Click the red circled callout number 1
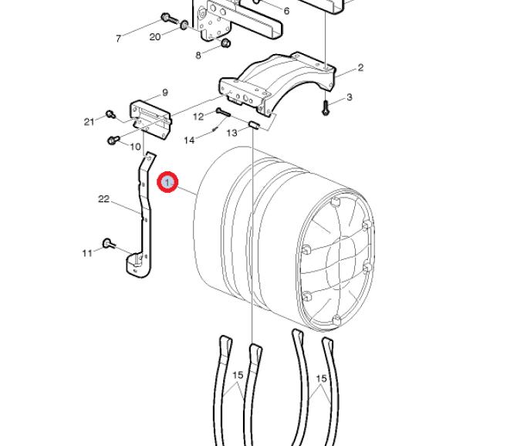pyautogui.click(x=167, y=181)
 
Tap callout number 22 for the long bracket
pyautogui.click(x=104, y=199)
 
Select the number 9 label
pyautogui.click(x=165, y=93)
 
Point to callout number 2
pyautogui.click(x=360, y=68)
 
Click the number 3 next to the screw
pyautogui.click(x=350, y=97)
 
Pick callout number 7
pyautogui.click(x=118, y=39)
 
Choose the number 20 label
pyautogui.click(x=155, y=37)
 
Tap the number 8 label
pyautogui.click(x=198, y=56)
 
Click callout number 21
pyautogui.click(x=89, y=122)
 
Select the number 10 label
pyautogui.click(x=136, y=147)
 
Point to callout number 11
pyautogui.click(x=87, y=253)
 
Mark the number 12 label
pyautogui.click(x=198, y=117)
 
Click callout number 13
pyautogui.click(x=231, y=133)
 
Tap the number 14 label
pyautogui.click(x=189, y=140)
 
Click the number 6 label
pyautogui.click(x=286, y=12)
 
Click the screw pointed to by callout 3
pyautogui.click(x=326, y=108)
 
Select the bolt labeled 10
pyautogui.click(x=113, y=140)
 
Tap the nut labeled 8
pyautogui.click(x=226, y=43)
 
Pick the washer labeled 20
pyautogui.click(x=184, y=25)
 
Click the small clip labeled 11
pyautogui.click(x=108, y=244)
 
